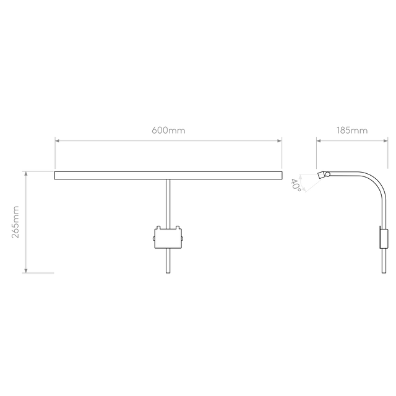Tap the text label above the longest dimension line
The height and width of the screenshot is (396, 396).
(168, 131)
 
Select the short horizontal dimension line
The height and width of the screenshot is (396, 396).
(351, 141)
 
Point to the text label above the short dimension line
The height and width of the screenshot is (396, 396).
(351, 131)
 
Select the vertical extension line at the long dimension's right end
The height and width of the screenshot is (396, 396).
(282, 153)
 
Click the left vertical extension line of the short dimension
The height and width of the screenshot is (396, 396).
(316, 153)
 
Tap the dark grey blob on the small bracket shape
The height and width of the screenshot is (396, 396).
(293, 183)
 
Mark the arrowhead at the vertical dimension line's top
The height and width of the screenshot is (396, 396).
(25, 175)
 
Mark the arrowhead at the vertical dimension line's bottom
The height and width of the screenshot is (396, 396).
(25, 269)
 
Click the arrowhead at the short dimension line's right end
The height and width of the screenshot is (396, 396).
(384, 141)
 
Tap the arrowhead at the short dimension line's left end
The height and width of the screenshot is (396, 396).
(319, 141)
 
